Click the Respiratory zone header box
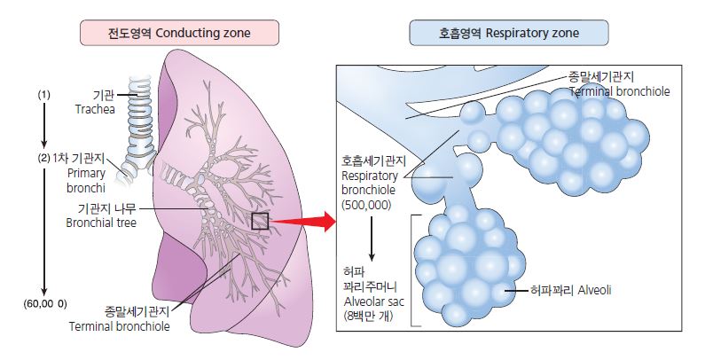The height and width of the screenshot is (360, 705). [508, 35]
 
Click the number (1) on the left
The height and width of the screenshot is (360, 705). [44, 94]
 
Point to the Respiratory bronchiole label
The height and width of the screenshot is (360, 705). [372, 183]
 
